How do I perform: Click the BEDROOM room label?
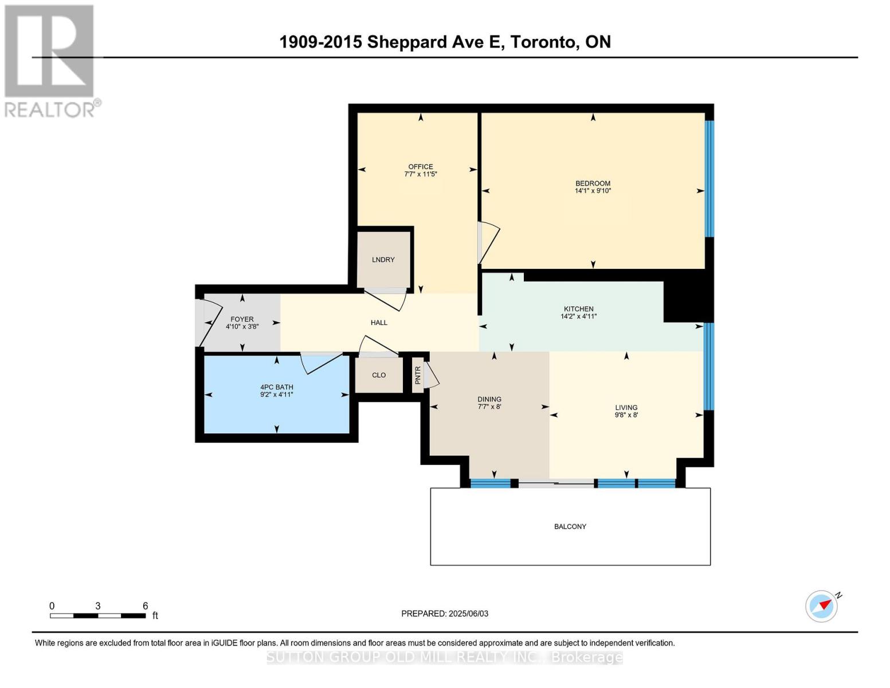pyautogui.click(x=593, y=183)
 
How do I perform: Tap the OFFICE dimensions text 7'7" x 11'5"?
pyautogui.click(x=420, y=174)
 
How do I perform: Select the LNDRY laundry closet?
pyautogui.click(x=383, y=260)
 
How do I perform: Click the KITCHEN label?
pyautogui.click(x=578, y=309)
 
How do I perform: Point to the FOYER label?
pyautogui.click(x=242, y=319)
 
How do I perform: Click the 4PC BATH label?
pyautogui.click(x=276, y=387)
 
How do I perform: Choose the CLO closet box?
pyautogui.click(x=379, y=376)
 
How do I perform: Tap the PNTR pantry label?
pyautogui.click(x=418, y=375)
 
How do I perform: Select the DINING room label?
pyautogui.click(x=489, y=399)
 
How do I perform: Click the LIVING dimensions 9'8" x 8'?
pyautogui.click(x=626, y=415)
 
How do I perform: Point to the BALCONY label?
pyautogui.click(x=570, y=526)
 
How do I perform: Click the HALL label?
pyautogui.click(x=379, y=323)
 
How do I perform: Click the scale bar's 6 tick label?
pyautogui.click(x=145, y=606)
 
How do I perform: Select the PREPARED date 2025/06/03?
pyautogui.click(x=468, y=613)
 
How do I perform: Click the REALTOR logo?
pyautogui.click(x=50, y=60)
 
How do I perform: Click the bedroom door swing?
pyautogui.click(x=488, y=244)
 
